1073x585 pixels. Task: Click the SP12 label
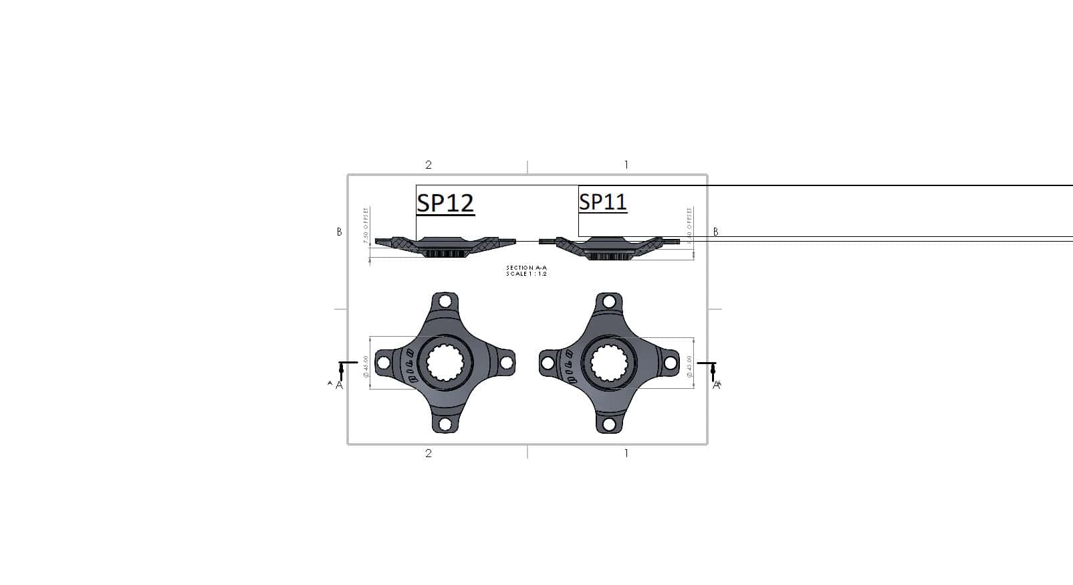coord(445,203)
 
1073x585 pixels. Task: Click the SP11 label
coord(602,201)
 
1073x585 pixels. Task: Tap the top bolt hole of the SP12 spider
coord(445,303)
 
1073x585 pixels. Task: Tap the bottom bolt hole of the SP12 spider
coord(445,424)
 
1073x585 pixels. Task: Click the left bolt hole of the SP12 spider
coord(384,363)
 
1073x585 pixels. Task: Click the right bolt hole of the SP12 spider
coord(505,363)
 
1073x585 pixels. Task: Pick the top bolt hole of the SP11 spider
coord(608,302)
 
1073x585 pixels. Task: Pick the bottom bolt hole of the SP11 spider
coord(608,424)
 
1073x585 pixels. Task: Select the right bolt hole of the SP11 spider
coord(669,363)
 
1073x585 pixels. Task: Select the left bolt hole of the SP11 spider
coord(548,363)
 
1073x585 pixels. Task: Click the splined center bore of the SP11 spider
coord(608,363)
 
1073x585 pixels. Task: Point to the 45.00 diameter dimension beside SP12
coord(366,366)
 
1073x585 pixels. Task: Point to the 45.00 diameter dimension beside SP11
coord(690,366)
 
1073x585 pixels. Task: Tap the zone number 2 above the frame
coord(429,165)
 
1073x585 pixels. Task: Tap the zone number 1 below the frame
coord(626,453)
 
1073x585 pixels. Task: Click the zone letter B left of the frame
coord(339,232)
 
